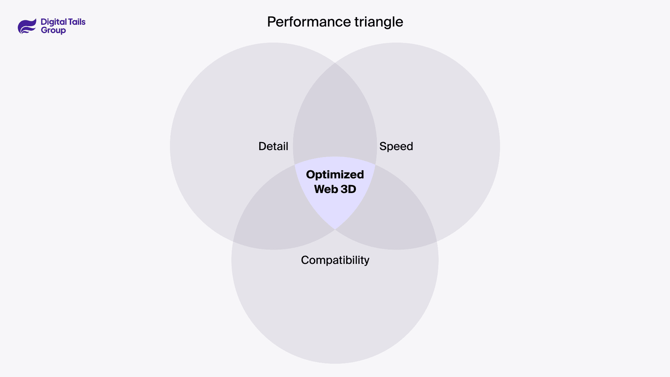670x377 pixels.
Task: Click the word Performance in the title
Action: click(309, 22)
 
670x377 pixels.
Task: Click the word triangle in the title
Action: click(379, 22)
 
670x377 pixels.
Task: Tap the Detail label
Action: click(273, 146)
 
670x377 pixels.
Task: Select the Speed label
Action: click(396, 146)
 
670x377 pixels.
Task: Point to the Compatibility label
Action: click(335, 260)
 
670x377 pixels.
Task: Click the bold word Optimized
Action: click(335, 175)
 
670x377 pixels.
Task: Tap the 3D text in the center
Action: click(348, 189)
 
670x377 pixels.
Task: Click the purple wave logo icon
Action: click(27, 26)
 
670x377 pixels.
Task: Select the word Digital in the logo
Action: click(53, 22)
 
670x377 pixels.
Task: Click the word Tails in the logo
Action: click(77, 22)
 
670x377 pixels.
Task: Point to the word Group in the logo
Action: click(53, 30)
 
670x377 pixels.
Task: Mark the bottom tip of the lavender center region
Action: click(335, 229)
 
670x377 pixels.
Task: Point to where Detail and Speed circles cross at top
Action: click(335, 63)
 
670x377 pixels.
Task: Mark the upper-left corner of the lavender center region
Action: click(295, 164)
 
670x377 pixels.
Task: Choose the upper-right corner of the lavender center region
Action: click(375, 164)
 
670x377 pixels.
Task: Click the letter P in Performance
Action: click(271, 22)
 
